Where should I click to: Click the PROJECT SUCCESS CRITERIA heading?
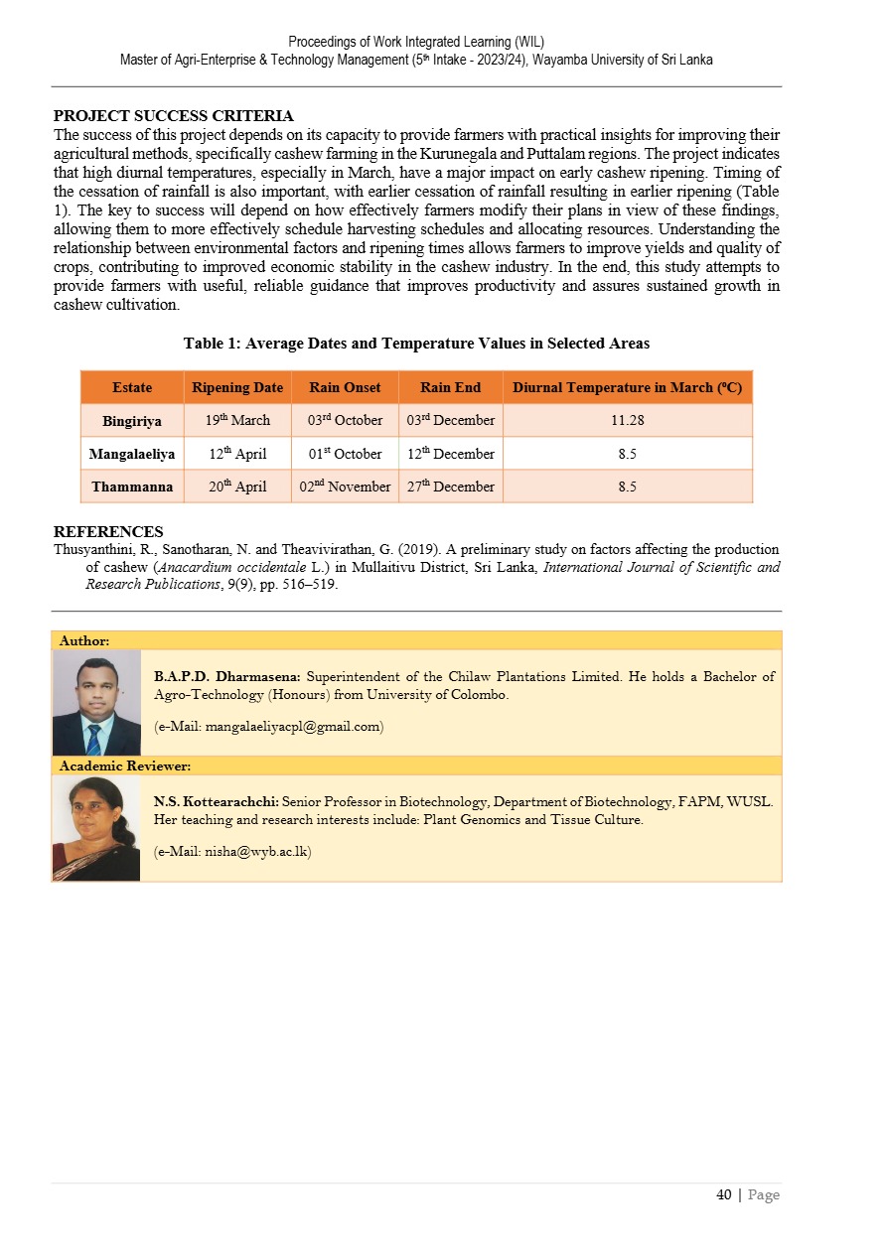click(173, 117)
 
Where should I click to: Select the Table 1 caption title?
click(416, 344)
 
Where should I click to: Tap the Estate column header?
click(132, 387)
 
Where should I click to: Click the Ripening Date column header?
click(237, 387)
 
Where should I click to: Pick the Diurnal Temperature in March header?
click(627, 387)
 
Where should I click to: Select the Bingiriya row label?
click(132, 421)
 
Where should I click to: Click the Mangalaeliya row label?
click(132, 454)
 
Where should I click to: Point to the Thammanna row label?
click(132, 487)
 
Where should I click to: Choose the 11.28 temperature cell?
click(627, 421)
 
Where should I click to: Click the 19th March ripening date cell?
click(237, 421)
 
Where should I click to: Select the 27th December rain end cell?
click(451, 487)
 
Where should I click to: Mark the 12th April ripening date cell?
click(237, 454)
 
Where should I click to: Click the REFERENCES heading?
click(108, 532)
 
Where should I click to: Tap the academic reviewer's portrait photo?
click(96, 828)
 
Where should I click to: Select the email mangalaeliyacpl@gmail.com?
click(269, 727)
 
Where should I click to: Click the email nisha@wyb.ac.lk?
click(232, 851)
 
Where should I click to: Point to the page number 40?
click(724, 1194)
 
